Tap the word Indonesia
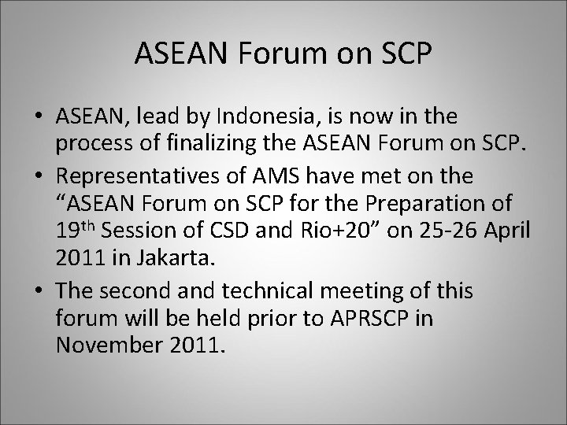click(x=255, y=117)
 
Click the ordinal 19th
click(x=73, y=227)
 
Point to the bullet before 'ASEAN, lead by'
click(x=38, y=117)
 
